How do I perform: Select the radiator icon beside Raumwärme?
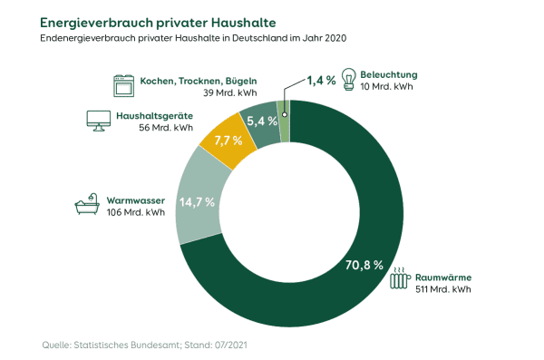(x=399, y=278)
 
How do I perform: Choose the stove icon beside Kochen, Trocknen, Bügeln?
(x=122, y=86)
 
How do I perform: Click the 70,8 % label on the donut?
(x=364, y=267)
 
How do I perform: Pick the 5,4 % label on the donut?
(x=262, y=120)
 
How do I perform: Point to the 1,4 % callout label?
(x=321, y=81)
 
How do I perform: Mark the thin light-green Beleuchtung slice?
(x=284, y=109)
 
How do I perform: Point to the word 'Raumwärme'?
(x=444, y=277)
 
